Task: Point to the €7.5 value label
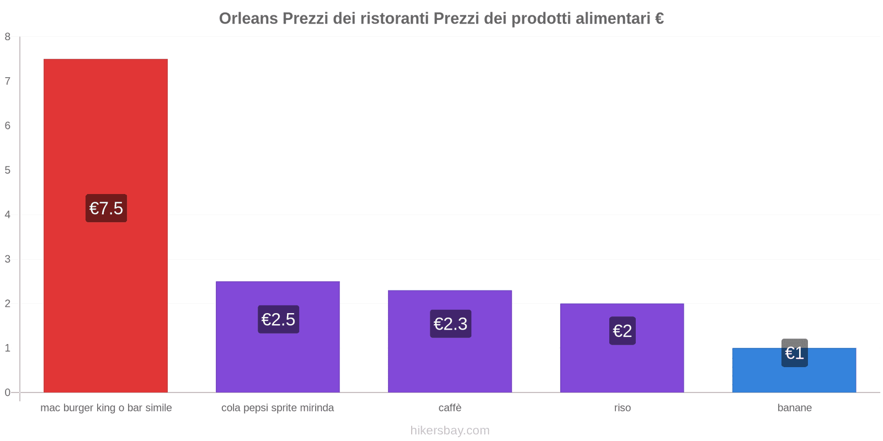[106, 208]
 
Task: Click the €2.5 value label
[278, 320]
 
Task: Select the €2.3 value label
[450, 324]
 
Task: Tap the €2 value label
[622, 331]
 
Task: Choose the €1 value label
[794, 353]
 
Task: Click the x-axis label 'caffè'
[450, 408]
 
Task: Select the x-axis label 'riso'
[622, 408]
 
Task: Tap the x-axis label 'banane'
[794, 408]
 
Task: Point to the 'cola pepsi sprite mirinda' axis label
[278, 408]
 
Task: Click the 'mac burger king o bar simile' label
[106, 408]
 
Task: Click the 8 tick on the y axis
[8, 37]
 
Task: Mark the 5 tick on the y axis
[8, 170]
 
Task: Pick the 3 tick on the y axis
[8, 259]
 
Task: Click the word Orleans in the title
[248, 19]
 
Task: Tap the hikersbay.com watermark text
[450, 431]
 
